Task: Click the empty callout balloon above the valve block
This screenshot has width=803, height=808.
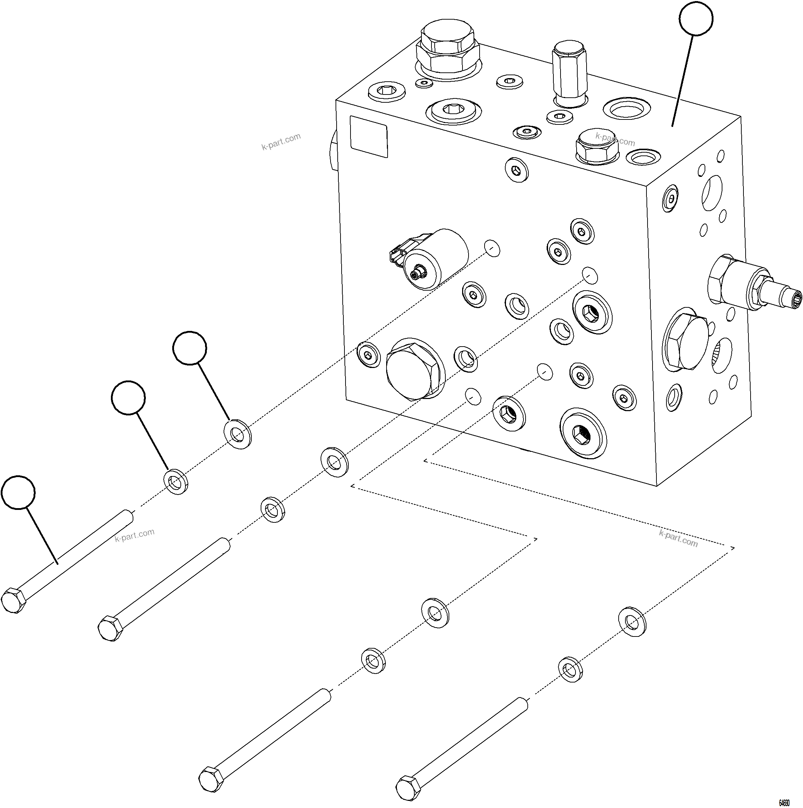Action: [x=696, y=19]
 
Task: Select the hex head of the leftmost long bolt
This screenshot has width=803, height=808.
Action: [x=14, y=600]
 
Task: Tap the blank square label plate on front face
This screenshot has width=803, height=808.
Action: [x=368, y=136]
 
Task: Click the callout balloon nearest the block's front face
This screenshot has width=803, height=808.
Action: [x=189, y=348]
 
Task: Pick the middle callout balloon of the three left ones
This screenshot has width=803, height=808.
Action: [x=128, y=397]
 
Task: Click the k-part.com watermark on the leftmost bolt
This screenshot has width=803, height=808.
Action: [x=135, y=535]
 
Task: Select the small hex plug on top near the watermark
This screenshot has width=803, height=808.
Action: [x=596, y=145]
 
